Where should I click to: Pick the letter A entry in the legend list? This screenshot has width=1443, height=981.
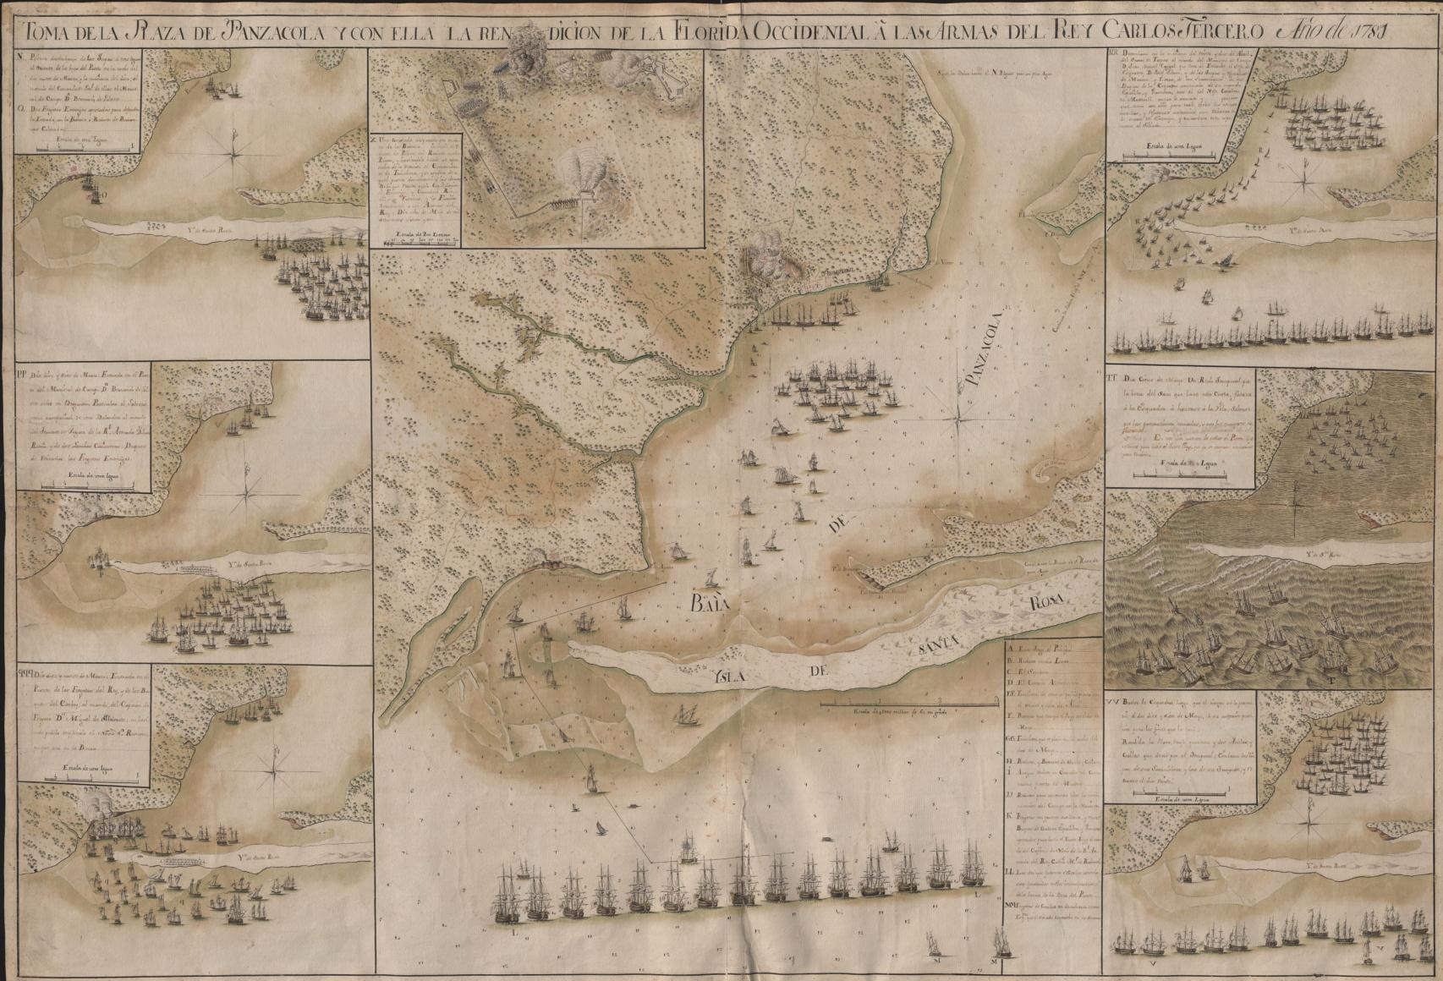(x=1012, y=649)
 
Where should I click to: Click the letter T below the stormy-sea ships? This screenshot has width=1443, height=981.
(x=1330, y=678)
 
